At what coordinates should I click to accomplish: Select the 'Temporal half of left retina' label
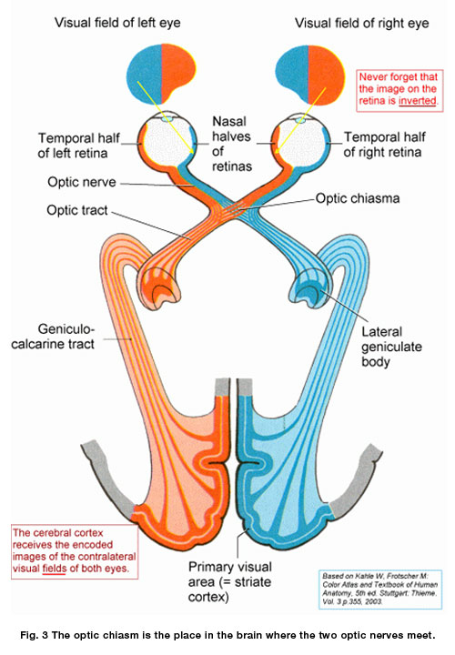(79, 146)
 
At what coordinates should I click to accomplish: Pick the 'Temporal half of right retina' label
(380, 146)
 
